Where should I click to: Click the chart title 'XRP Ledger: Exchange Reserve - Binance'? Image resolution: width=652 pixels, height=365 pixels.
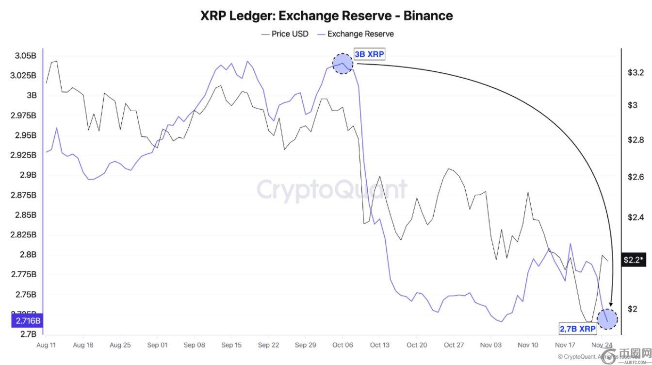click(326, 16)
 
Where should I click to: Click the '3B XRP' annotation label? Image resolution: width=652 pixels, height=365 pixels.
click(369, 54)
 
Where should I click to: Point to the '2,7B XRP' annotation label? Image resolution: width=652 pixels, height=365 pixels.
click(578, 329)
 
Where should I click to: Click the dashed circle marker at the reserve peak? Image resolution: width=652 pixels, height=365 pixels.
click(342, 64)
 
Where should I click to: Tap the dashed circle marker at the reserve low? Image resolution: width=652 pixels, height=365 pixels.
click(607, 319)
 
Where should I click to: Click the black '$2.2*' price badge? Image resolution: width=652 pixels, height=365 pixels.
click(634, 260)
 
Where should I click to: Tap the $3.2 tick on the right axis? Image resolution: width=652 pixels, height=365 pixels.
click(635, 73)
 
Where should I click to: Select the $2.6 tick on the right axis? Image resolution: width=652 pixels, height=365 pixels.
click(635, 177)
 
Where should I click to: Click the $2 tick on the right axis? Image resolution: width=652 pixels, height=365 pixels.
click(633, 309)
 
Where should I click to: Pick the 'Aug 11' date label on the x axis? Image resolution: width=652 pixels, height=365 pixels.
click(46, 345)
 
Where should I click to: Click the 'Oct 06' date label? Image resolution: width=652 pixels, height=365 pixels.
click(342, 345)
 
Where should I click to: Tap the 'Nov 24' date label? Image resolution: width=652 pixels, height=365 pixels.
click(602, 345)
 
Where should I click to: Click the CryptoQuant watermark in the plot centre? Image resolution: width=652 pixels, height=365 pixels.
click(332, 189)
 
